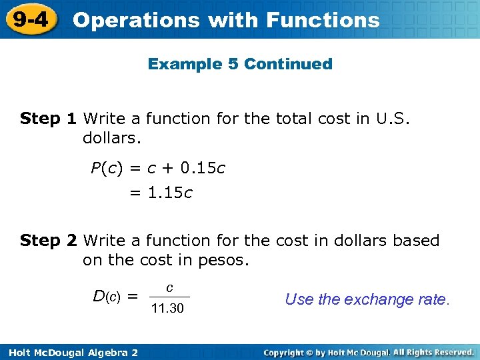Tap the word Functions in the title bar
323,20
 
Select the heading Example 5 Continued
240,64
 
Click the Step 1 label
49,119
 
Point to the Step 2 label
49,240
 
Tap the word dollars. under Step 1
111,139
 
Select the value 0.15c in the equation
203,168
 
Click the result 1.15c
169,193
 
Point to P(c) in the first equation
106,168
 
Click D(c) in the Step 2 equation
107,295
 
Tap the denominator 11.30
168,309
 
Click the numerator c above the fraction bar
170,287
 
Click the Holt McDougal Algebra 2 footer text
69,351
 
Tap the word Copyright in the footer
289,351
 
